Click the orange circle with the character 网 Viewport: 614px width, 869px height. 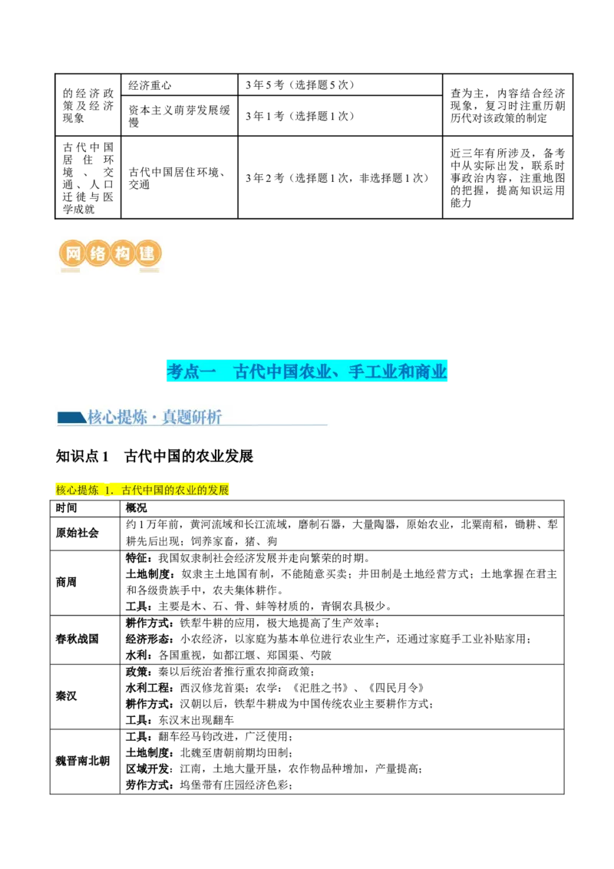point(71,253)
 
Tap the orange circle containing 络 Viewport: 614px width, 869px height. point(97,253)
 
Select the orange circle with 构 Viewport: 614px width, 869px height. point(122,253)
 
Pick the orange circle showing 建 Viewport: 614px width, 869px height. point(147,253)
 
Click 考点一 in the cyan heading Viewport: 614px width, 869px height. point(191,372)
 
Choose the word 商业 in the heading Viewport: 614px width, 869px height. point(431,372)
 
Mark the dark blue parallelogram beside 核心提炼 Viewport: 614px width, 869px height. point(71,418)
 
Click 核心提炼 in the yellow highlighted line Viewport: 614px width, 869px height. point(78,490)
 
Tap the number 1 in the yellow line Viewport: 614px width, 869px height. point(108,490)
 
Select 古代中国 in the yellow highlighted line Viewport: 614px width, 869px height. point(143,490)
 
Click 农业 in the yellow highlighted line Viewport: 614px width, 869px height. point(187,490)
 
